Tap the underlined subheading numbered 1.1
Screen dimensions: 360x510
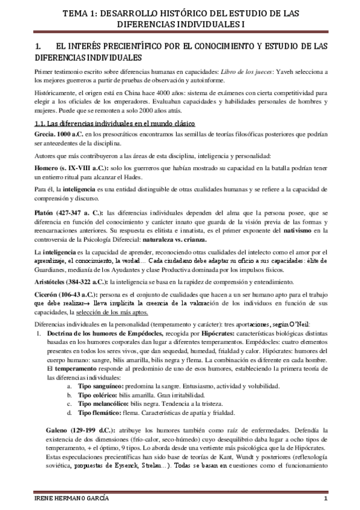pyautogui.click(x=115, y=123)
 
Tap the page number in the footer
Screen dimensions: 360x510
pyautogui.click(x=325, y=501)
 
